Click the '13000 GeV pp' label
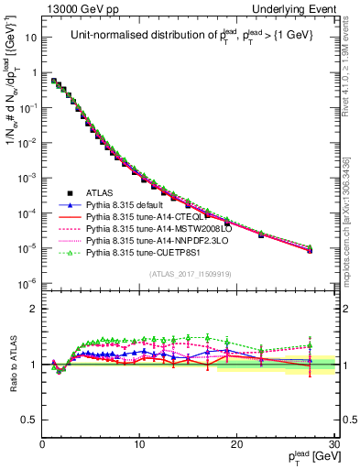75,8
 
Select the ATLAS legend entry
103,194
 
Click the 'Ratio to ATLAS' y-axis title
12,364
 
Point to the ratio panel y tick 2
33,306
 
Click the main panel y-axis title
13,119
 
